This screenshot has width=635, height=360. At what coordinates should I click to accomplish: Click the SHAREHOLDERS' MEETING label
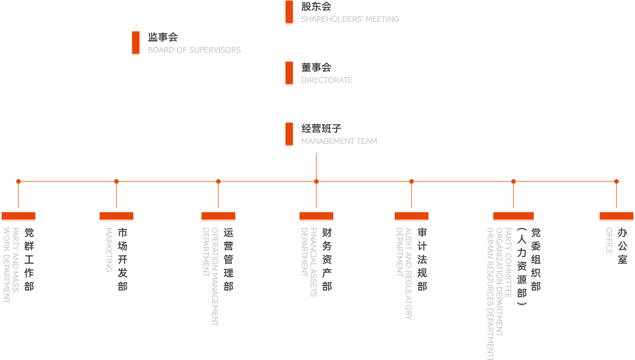click(350, 19)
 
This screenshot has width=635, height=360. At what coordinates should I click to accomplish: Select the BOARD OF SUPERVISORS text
click(194, 50)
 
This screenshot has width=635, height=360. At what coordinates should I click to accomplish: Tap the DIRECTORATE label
click(327, 80)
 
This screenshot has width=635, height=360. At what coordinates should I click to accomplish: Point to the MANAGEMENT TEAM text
click(339, 141)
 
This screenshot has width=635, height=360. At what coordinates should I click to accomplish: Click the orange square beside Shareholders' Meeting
click(289, 13)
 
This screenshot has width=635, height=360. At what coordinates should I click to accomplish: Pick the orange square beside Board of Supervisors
click(136, 44)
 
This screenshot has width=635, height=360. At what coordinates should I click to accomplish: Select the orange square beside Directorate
click(289, 74)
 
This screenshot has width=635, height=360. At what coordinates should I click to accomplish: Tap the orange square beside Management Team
click(289, 135)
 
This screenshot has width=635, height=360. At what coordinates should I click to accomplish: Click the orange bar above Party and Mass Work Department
click(19, 217)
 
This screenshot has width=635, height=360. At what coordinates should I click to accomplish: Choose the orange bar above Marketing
click(116, 217)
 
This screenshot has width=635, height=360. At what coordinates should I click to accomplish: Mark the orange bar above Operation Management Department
click(218, 217)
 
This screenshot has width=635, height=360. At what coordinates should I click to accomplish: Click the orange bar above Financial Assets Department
click(316, 217)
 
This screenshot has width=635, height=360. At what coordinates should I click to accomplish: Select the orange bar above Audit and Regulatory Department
click(412, 217)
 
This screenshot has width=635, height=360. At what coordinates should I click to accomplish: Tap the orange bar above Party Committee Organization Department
click(513, 217)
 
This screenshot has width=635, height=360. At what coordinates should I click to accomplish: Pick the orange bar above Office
click(616, 217)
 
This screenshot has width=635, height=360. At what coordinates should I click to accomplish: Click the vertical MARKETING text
click(109, 249)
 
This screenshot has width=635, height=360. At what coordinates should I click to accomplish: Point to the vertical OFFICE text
click(609, 240)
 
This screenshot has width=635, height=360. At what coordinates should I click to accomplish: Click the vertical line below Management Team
click(316, 165)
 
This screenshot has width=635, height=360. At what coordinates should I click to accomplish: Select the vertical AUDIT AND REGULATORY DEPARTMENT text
click(404, 273)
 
